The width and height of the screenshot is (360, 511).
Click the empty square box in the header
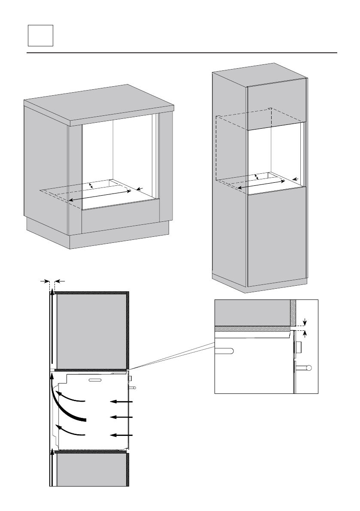[x=40, y=35]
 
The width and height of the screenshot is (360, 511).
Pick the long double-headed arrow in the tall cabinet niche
[x=262, y=184]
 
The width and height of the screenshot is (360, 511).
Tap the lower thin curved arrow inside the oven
[x=71, y=430]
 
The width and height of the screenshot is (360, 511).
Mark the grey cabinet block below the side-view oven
[x=91, y=470]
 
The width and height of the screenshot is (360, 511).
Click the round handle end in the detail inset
[x=309, y=368]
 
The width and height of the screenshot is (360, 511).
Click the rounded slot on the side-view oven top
[x=94, y=380]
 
